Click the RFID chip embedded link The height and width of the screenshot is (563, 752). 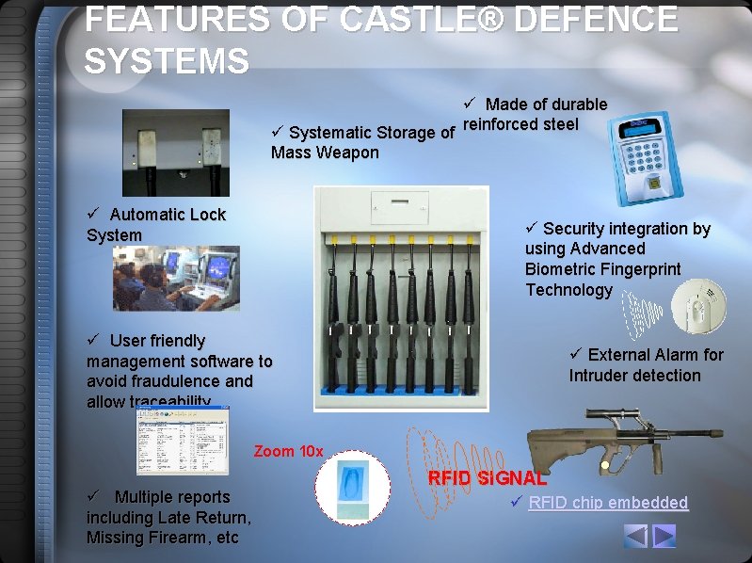[608, 503]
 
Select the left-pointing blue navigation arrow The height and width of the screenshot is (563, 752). [637, 536]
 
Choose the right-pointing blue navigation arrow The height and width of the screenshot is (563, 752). [664, 536]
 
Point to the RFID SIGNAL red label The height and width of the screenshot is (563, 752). [487, 478]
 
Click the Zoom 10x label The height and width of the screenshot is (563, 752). [288, 452]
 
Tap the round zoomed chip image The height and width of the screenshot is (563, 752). [351, 487]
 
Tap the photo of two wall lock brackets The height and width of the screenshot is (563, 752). [176, 153]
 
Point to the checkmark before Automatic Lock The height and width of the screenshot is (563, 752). [93, 214]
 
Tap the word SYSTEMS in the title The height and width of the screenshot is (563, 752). [167, 61]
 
